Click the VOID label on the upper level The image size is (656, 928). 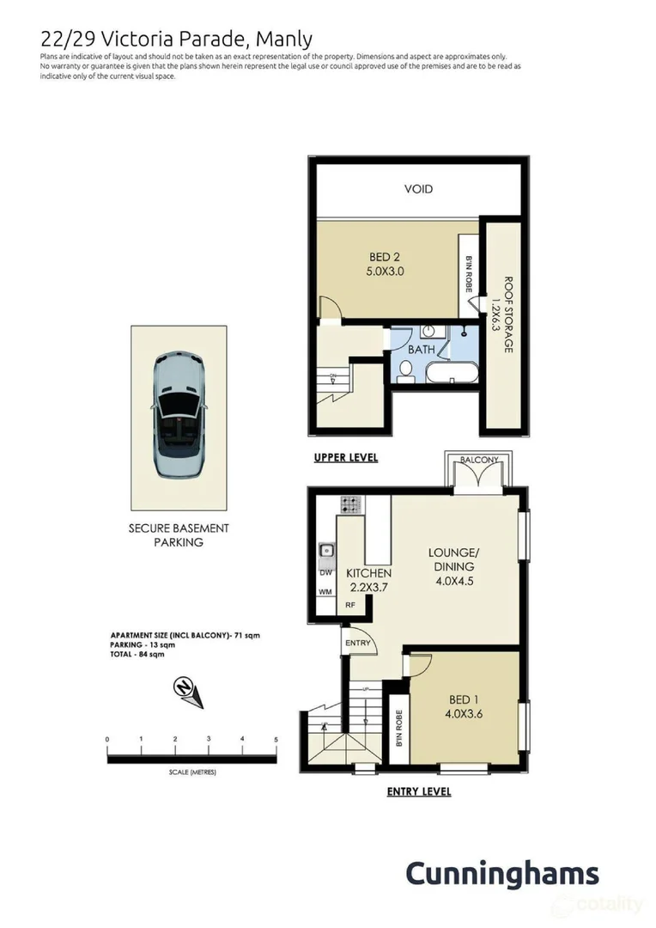pos(418,188)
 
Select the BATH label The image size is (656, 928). pos(421,350)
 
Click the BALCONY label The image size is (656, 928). pos(478,461)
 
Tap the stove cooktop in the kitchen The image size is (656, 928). pos(350,504)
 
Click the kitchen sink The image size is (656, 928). pos(325,550)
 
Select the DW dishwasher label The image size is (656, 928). pos(325,572)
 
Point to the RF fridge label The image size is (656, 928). pos(349,605)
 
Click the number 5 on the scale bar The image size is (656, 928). pos(276,739)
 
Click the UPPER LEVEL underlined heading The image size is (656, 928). pos(345,458)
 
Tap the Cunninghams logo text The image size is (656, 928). pos(501,873)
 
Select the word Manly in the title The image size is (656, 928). pos(286,39)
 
